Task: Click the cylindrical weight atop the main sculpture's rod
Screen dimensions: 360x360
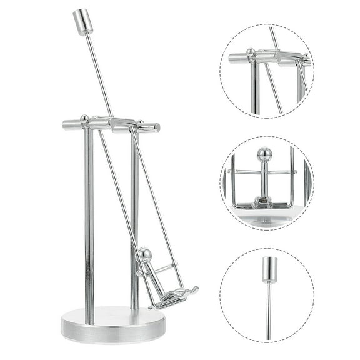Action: (82, 22)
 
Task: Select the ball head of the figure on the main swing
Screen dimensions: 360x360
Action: (145, 254)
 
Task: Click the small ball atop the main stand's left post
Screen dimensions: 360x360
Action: (84, 117)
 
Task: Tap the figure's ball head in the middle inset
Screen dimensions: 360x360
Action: (264, 154)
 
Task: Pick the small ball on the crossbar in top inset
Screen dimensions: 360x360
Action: (250, 52)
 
